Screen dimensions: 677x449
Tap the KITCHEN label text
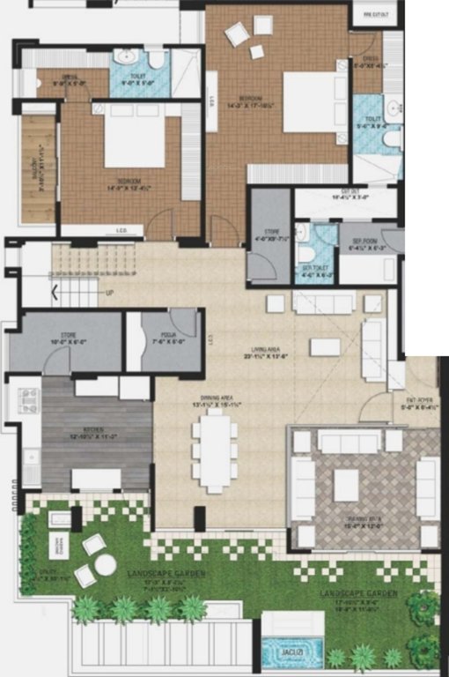pyautogui.click(x=94, y=431)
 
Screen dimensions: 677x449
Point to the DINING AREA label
pyautogui.click(x=211, y=400)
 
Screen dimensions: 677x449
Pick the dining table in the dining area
pyautogui.click(x=214, y=450)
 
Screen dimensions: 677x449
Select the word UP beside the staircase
pyautogui.click(x=109, y=294)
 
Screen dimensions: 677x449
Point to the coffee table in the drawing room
pyautogui.click(x=345, y=484)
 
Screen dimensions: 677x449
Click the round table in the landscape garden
pyautogui.click(x=105, y=563)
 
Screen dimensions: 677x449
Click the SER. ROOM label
pyautogui.click(x=364, y=241)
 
